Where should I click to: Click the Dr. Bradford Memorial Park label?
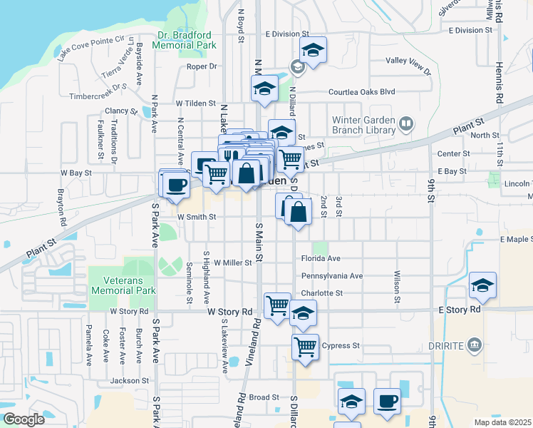coord(187,40)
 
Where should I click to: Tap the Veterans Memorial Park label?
coord(123,285)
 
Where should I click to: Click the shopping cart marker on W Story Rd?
coord(277,305)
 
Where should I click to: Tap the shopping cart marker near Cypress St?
coord(305,347)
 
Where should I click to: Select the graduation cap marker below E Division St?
coord(312,50)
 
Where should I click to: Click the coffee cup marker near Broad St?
coord(388,401)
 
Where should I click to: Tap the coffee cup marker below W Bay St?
coord(175,185)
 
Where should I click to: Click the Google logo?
coord(24,419)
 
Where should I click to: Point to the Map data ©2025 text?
coord(502,422)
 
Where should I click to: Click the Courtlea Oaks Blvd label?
coord(361,92)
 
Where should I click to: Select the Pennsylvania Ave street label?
coord(332,276)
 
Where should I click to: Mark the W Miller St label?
coord(232,263)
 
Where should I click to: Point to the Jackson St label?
coord(129,381)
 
